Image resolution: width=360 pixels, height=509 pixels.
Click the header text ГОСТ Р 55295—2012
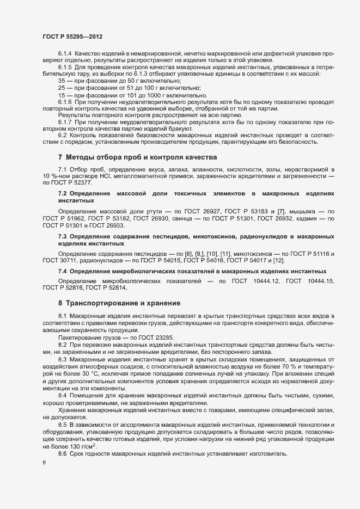[x=72, y=36]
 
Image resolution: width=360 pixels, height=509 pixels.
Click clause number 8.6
[x=62, y=424]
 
